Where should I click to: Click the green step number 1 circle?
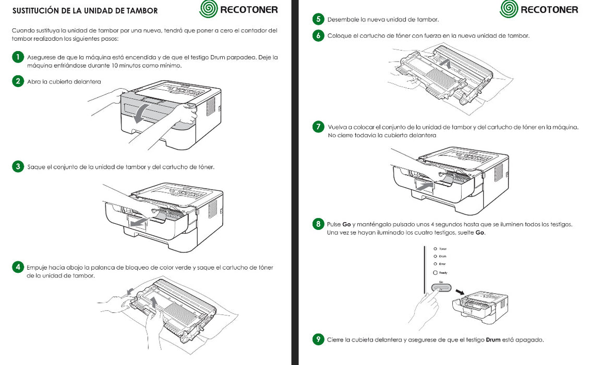coord(18,57)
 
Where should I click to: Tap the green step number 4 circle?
coord(18,267)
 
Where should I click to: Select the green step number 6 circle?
coord(318,36)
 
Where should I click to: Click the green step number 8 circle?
coord(318,224)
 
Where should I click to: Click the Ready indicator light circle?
coord(436,273)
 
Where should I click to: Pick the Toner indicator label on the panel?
coord(443,249)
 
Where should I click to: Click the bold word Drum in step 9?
coord(493,340)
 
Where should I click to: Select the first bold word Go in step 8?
coord(346,224)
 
